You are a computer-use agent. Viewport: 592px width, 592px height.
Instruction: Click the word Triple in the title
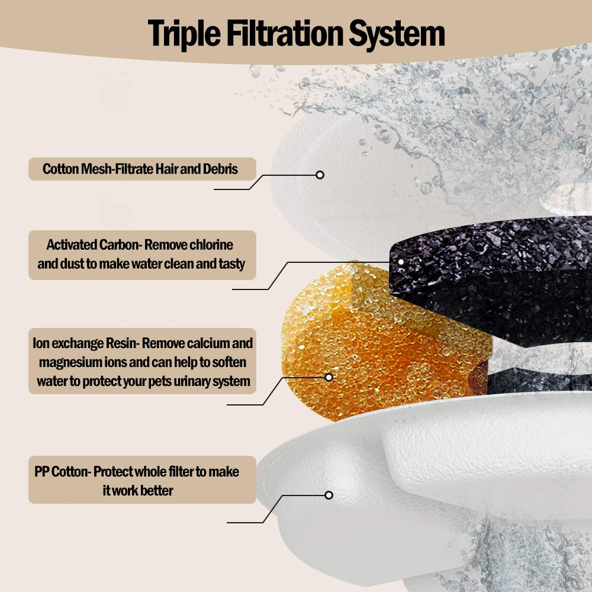click(184, 34)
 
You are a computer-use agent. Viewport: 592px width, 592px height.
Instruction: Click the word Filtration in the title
click(284, 33)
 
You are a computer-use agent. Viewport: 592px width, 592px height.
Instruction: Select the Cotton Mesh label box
click(142, 169)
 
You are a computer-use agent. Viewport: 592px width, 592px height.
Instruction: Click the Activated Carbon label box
click(142, 255)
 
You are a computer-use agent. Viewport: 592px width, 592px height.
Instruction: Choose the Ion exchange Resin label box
click(142, 361)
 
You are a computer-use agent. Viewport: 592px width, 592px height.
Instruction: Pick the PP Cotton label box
click(142, 480)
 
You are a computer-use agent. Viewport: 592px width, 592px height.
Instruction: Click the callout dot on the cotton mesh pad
click(320, 175)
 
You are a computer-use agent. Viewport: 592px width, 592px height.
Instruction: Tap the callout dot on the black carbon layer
click(401, 262)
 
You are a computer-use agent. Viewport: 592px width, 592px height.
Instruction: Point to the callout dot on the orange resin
click(329, 377)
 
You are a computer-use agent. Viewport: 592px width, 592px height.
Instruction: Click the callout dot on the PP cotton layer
click(329, 495)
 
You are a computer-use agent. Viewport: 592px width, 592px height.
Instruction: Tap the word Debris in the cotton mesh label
click(220, 169)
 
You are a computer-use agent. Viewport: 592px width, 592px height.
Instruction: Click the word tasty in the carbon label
click(232, 264)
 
